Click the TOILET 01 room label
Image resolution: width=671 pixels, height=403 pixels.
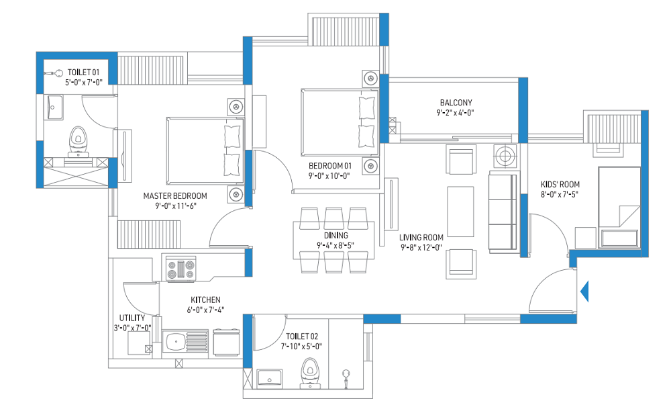pos(83,73)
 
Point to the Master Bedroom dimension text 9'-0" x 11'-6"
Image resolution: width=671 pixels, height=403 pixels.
pos(175,206)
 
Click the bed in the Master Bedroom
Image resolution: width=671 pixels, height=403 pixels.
pos(205,150)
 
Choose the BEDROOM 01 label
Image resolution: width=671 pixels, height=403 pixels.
pos(330,166)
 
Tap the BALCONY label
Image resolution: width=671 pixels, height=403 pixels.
pos(456,103)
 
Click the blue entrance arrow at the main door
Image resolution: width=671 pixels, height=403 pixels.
pos(584,292)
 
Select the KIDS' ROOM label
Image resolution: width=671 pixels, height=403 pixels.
pos(560,185)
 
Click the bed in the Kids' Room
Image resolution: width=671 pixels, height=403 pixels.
pos(619,207)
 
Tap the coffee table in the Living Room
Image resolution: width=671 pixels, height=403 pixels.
pos(460,211)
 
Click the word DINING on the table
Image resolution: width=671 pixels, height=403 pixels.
pos(336,235)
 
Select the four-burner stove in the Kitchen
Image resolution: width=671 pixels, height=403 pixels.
pos(180,270)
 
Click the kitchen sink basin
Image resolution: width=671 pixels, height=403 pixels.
pos(175,341)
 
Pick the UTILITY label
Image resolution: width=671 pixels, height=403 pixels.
pos(132,318)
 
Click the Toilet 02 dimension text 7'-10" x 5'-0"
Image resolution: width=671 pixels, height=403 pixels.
pos(301,347)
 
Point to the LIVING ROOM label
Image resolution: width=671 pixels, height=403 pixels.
pos(421,237)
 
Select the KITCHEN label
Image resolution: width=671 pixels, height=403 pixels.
pos(205,300)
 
